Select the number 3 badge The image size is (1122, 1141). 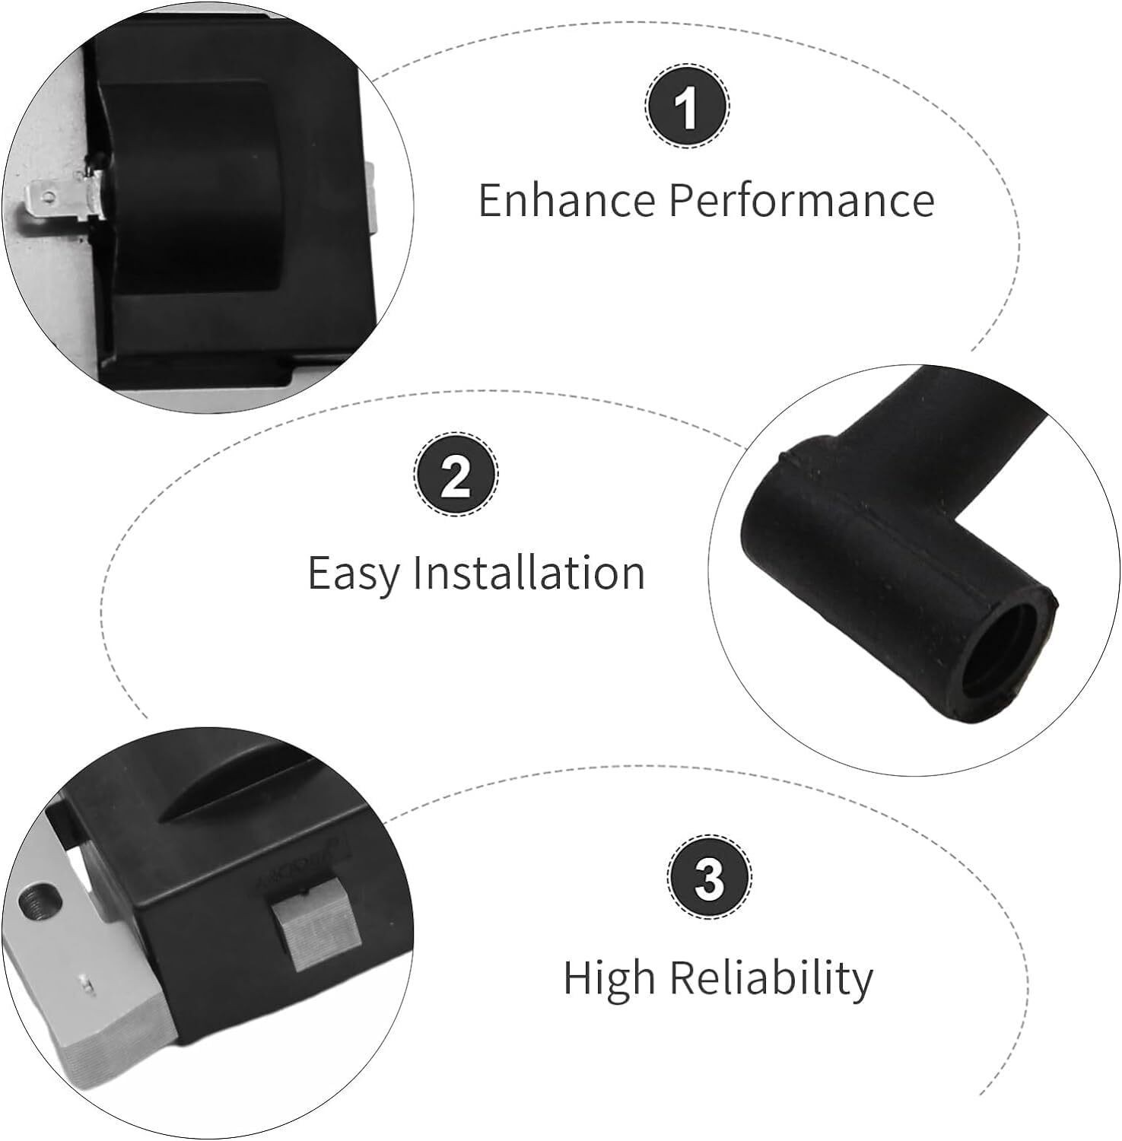pyautogui.click(x=710, y=879)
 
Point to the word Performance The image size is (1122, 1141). pyautogui.click(x=802, y=200)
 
